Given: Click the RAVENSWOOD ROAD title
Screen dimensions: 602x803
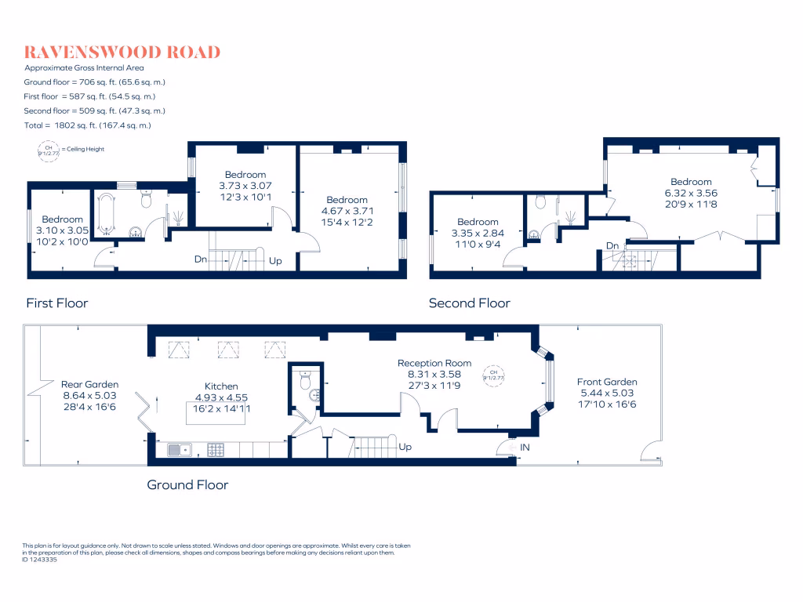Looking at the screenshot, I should pyautogui.click(x=122, y=53).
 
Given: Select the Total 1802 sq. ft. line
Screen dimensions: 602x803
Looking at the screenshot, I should pyautogui.click(x=87, y=125).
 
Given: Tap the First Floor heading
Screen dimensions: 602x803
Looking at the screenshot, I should pyautogui.click(x=57, y=303).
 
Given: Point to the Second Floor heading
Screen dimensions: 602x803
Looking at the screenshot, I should pyautogui.click(x=469, y=303).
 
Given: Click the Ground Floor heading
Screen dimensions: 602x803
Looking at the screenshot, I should pyautogui.click(x=187, y=484).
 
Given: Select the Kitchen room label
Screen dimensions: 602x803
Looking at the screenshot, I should pyautogui.click(x=221, y=386).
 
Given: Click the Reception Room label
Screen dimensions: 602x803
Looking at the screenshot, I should pyautogui.click(x=434, y=363).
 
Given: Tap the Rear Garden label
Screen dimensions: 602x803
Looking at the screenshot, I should pyautogui.click(x=90, y=384).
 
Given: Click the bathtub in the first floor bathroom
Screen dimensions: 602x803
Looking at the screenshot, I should pyautogui.click(x=107, y=212).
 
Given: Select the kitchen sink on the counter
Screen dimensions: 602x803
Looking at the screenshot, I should pyautogui.click(x=179, y=449).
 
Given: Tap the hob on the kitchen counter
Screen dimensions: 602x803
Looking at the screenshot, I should pyautogui.click(x=215, y=449).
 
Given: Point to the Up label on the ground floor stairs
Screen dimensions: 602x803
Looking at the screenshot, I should pyautogui.click(x=406, y=447).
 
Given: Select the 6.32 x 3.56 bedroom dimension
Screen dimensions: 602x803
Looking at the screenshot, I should pyautogui.click(x=691, y=193).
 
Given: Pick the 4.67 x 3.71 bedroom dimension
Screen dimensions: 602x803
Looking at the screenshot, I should pyautogui.click(x=347, y=211).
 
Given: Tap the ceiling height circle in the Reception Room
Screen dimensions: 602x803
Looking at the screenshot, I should pyautogui.click(x=494, y=374).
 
